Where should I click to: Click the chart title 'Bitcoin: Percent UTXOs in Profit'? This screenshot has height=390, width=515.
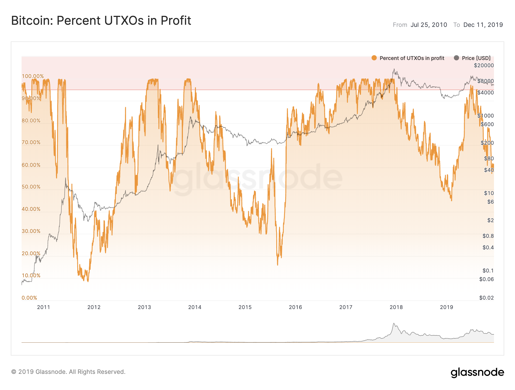(101, 21)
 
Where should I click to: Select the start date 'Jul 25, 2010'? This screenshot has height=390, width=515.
(429, 25)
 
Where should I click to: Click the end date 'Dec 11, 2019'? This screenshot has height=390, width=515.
(483, 25)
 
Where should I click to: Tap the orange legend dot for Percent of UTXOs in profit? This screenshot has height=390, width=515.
(374, 58)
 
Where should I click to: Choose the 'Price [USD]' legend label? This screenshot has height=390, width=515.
(476, 58)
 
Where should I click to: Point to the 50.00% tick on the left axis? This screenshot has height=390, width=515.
(31, 187)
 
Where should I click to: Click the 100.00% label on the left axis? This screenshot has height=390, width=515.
(33, 76)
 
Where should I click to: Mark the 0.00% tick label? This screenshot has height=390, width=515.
(29, 298)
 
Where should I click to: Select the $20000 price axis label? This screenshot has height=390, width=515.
(484, 65)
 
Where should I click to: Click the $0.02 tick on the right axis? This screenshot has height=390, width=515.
(486, 298)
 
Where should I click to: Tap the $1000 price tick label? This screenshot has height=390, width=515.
(485, 116)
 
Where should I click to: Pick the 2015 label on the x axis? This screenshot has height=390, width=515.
(245, 307)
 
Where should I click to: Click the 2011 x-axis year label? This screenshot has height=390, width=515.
(44, 307)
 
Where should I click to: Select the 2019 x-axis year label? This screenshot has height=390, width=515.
(446, 307)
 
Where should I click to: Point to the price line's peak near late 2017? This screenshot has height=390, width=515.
(394, 69)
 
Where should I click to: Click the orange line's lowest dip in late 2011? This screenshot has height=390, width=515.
(88, 281)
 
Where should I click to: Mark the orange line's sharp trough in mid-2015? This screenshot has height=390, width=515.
(277, 265)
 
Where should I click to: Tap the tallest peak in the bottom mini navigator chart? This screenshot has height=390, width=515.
(394, 324)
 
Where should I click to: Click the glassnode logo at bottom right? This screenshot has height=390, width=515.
(477, 372)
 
